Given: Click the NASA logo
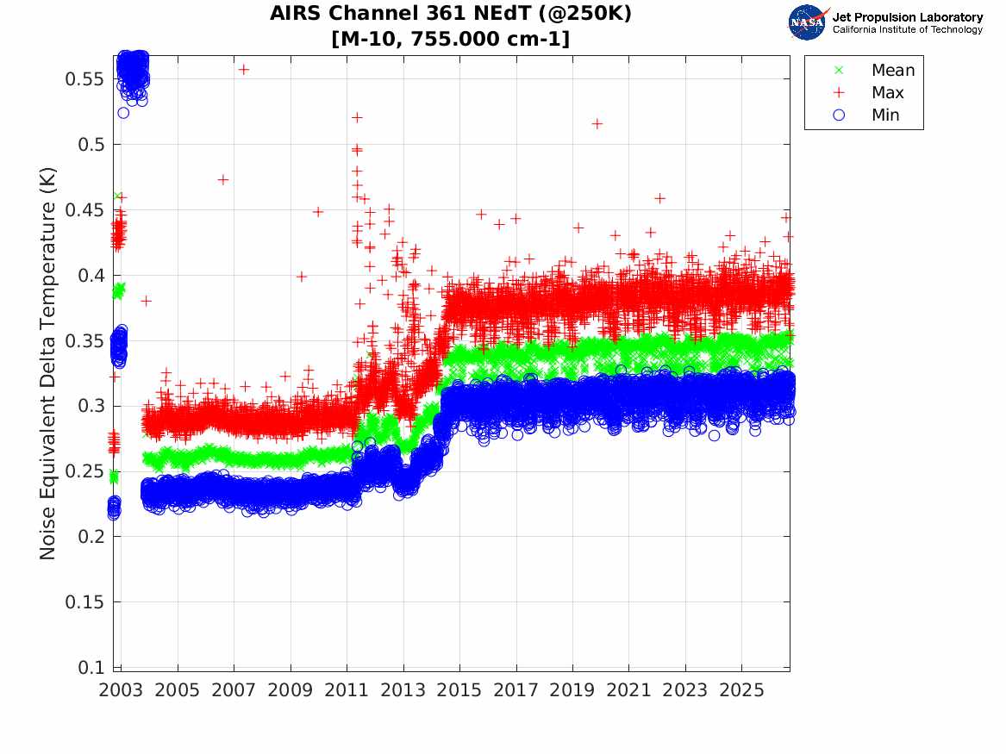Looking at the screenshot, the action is point(809,22).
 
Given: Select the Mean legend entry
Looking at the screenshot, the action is point(876,70).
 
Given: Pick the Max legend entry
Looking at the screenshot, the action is point(868,92).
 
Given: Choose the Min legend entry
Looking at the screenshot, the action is point(865,115).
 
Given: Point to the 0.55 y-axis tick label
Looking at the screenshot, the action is point(84,79).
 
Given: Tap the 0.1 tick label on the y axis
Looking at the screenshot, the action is point(91,668).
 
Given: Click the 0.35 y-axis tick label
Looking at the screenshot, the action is point(84,340).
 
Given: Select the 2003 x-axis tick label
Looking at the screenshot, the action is point(121,690).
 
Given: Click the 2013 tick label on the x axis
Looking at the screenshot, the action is point(403,690).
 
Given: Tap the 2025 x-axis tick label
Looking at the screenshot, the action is point(741,690).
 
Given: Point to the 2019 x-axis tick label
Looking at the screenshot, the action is point(572,690).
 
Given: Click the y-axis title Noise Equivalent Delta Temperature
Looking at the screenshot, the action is point(48,364).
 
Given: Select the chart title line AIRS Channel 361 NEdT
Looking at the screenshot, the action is point(450,13).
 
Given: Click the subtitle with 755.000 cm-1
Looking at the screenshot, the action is point(450,39).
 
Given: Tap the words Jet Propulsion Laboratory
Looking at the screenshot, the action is point(908,17).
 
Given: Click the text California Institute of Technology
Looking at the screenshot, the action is point(908,29).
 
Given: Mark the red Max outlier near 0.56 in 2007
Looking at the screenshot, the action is point(244,69).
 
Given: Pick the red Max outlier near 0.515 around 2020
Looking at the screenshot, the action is point(597,124).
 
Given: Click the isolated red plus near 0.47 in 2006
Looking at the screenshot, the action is point(222,179).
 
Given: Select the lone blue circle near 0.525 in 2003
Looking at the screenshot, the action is point(123,113).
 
